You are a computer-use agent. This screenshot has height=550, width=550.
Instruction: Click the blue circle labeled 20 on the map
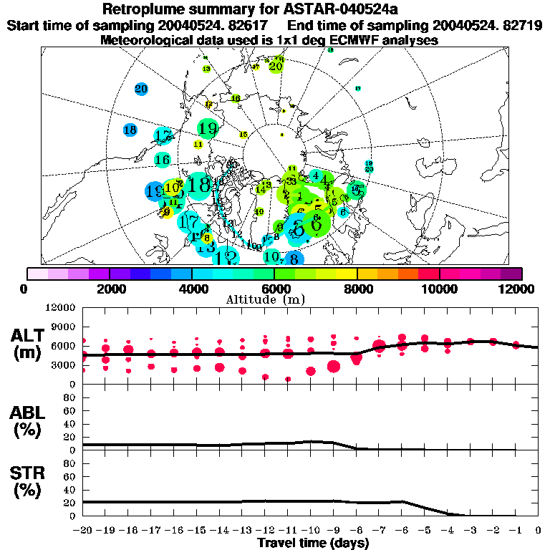click(x=141, y=90)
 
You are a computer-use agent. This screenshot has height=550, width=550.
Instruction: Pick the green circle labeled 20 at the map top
click(x=276, y=66)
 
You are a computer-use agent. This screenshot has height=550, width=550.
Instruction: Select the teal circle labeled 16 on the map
click(x=163, y=160)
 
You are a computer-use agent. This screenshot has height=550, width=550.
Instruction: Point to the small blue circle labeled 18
click(x=130, y=130)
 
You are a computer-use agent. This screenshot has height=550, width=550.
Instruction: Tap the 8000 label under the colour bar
click(x=357, y=289)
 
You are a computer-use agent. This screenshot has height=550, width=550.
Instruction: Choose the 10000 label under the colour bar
click(x=440, y=289)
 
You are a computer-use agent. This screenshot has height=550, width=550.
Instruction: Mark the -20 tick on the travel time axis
click(x=83, y=531)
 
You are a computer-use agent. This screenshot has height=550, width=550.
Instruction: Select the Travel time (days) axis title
click(x=312, y=544)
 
